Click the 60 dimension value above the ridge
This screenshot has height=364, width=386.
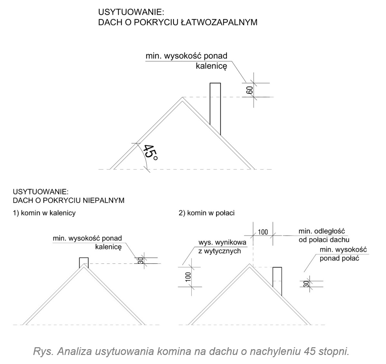pos(249,90)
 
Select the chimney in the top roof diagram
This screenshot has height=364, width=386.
pos(215,108)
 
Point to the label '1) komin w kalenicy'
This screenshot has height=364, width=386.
pos(44,213)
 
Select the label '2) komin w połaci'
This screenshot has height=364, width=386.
pos(207,213)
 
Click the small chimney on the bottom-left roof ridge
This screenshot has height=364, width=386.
pos(84,262)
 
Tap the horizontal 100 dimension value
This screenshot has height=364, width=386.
pos(263,232)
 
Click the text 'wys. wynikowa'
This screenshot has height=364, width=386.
pos(222,242)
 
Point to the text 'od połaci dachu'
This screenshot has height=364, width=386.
pos(324,240)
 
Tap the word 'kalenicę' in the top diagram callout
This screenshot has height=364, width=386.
pos(211,66)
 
